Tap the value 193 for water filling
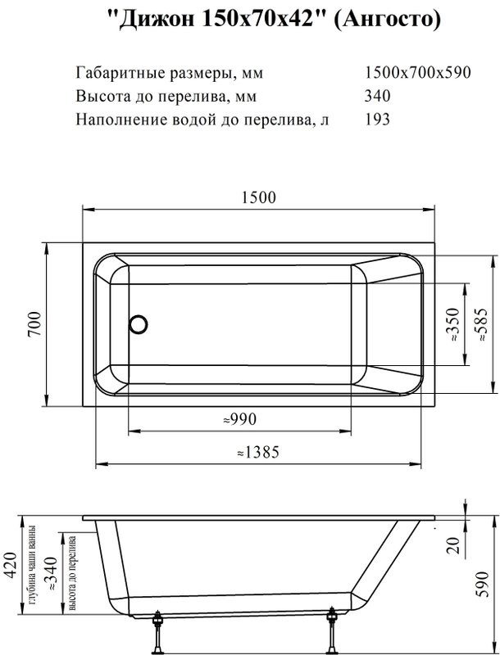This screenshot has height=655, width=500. (x=377, y=119)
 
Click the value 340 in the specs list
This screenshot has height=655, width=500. (x=377, y=96)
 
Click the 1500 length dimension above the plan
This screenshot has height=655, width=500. (x=260, y=197)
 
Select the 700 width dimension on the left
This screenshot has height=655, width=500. (x=34, y=324)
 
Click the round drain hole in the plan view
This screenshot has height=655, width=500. (x=138, y=323)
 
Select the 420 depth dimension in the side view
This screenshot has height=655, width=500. (x=11, y=565)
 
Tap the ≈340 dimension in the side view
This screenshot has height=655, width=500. (x=53, y=573)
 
